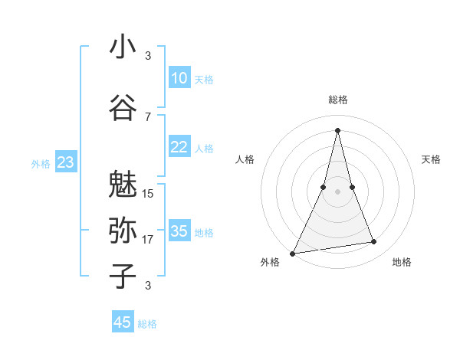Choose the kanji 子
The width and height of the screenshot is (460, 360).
coord(123,275)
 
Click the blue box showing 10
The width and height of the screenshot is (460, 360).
coord(179,78)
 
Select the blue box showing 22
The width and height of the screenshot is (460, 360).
coord(179,147)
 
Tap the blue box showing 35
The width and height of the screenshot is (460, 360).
coord(179,231)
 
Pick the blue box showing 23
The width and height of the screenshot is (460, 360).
coord(65,162)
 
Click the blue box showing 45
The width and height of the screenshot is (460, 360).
coord(123,322)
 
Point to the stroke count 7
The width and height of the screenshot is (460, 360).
coord(148,116)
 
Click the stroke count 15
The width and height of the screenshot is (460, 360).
coord(148,193)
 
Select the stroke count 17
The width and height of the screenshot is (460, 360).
coord(148,240)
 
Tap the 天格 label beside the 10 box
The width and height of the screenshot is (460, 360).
coord(203,80)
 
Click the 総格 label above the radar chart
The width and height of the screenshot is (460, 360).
coord(337,100)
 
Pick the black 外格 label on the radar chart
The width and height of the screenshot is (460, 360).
coord(270,262)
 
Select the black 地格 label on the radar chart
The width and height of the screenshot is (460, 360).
coord(402,262)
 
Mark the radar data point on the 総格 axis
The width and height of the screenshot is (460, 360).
coord(337,129)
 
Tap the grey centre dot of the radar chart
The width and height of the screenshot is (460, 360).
coord(337,191)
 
